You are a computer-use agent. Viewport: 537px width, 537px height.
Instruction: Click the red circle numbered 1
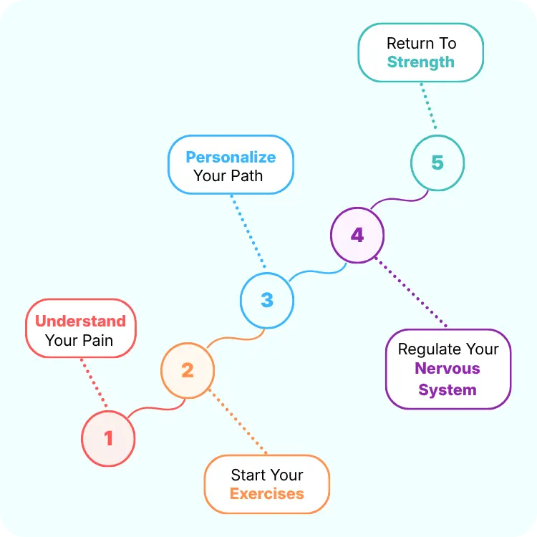pyautogui.click(x=108, y=437)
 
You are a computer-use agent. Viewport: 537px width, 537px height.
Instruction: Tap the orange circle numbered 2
pyautogui.click(x=188, y=370)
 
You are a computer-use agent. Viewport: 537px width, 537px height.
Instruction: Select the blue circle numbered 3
pyautogui.click(x=267, y=299)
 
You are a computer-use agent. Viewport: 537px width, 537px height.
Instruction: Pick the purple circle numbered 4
pyautogui.click(x=357, y=235)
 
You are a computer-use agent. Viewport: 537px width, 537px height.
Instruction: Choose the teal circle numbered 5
pyautogui.click(x=437, y=163)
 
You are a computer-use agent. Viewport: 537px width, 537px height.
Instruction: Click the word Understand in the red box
pyautogui.click(x=80, y=321)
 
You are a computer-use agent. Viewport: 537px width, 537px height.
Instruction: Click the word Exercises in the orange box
pyautogui.click(x=267, y=493)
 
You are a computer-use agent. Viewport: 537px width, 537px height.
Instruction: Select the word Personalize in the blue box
pyautogui.click(x=231, y=157)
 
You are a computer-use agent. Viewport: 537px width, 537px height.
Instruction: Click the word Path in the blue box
pyautogui.click(x=246, y=175)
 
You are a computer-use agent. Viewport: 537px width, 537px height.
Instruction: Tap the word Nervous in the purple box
pyautogui.click(x=447, y=369)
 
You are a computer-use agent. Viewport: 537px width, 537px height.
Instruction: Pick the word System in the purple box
pyautogui.click(x=447, y=390)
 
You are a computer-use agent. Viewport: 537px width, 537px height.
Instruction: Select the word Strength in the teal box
pyautogui.click(x=421, y=62)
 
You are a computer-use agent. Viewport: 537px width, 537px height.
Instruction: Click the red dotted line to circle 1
pyautogui.click(x=94, y=382)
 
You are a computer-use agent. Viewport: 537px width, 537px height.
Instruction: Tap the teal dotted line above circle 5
pyautogui.click(x=429, y=107)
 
